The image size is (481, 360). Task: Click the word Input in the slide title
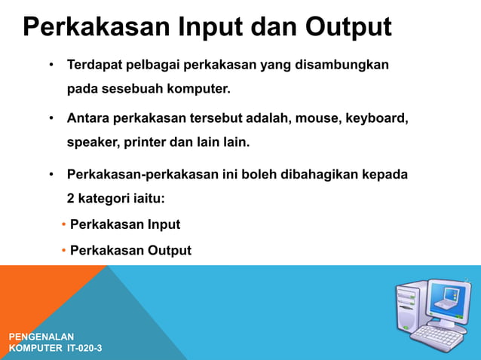[210, 28]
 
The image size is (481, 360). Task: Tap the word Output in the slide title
[348, 28]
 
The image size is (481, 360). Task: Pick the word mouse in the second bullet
[316, 119]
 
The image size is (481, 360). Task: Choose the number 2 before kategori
[71, 198]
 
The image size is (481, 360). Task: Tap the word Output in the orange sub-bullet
[168, 250]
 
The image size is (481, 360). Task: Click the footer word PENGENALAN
[41, 336]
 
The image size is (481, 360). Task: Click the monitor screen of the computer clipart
[449, 301]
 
